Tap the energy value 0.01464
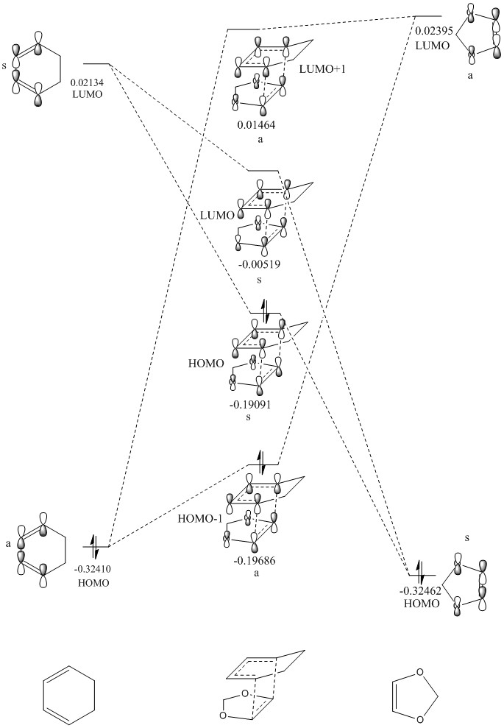pos(256,125)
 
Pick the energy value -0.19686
pos(256,560)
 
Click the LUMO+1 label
pos(322,69)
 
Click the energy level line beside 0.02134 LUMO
pos(96,64)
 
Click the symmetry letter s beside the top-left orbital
pos(4,66)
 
